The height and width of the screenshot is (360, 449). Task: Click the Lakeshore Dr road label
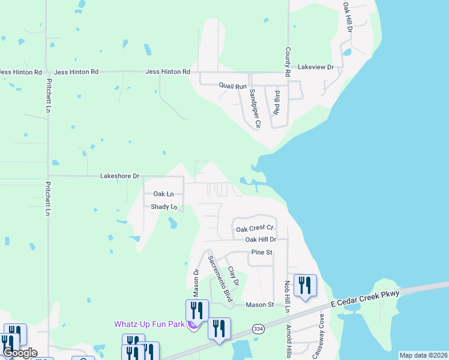click(119, 176)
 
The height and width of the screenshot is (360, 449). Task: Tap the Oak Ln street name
click(163, 194)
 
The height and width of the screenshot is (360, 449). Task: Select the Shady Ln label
click(164, 207)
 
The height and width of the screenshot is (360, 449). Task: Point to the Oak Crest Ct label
click(255, 229)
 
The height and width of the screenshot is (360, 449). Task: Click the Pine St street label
click(262, 253)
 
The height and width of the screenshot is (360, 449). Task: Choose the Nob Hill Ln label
click(288, 295)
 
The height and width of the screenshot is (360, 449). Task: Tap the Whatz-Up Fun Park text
click(149, 324)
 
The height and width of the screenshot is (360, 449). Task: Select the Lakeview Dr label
click(315, 67)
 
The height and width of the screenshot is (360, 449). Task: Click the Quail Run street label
click(232, 86)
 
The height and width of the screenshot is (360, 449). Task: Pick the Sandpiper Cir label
click(255, 109)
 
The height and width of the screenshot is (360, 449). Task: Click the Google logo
click(20, 353)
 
